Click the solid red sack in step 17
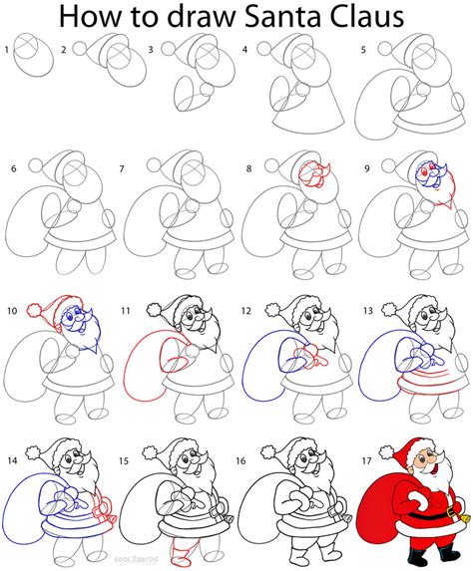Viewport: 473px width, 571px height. (392, 498)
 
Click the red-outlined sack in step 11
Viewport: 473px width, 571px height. (150, 369)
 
